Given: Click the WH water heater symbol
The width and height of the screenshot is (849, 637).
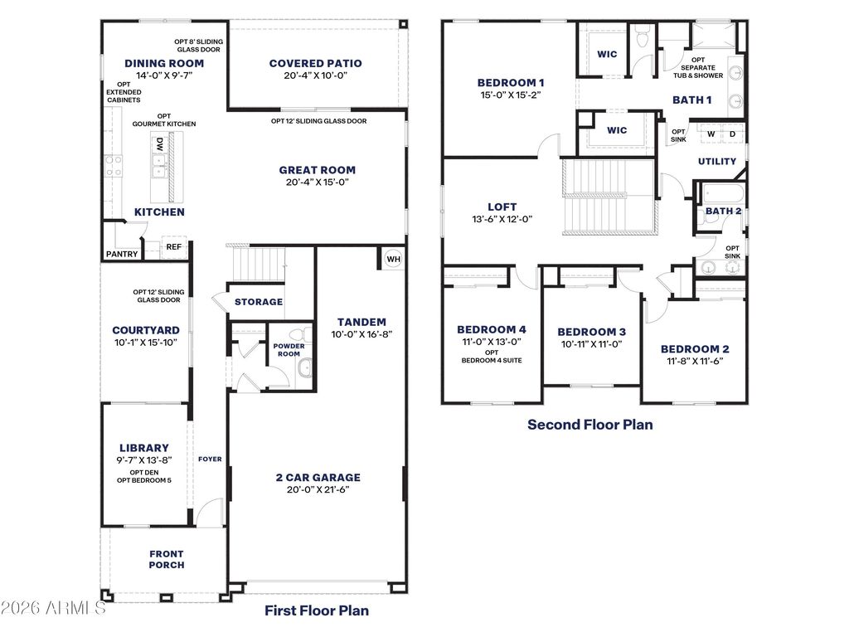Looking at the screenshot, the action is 394,259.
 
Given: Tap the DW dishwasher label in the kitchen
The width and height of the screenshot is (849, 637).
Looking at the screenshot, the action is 160,144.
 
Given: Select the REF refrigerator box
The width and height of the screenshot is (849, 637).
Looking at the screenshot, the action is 174,247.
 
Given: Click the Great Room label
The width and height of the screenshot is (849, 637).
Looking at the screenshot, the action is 318,170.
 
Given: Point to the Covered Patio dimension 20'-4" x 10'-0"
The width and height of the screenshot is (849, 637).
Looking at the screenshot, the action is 316,75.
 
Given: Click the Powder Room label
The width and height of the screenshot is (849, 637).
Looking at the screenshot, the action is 289,350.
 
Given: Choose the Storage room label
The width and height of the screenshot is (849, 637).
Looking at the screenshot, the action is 259,302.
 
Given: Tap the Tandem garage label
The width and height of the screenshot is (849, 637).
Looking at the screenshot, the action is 361,323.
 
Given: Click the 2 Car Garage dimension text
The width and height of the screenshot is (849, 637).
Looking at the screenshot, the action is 318,489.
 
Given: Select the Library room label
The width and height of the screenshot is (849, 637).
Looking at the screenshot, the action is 144,448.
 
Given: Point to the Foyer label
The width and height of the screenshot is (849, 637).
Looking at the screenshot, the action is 210,460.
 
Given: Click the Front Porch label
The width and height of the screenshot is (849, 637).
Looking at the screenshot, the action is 167,560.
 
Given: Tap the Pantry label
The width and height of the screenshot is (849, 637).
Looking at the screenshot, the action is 122,254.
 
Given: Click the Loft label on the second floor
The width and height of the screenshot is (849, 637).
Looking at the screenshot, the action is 502,207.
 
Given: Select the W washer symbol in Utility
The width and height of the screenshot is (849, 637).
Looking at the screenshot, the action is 711,134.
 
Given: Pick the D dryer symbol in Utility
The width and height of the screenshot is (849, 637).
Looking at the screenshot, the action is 733,134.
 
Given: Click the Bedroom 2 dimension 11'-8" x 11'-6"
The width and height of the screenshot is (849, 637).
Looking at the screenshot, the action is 696,362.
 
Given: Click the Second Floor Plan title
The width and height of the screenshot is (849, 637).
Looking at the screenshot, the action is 590,425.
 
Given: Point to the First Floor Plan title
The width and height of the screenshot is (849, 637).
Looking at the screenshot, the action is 317,610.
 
